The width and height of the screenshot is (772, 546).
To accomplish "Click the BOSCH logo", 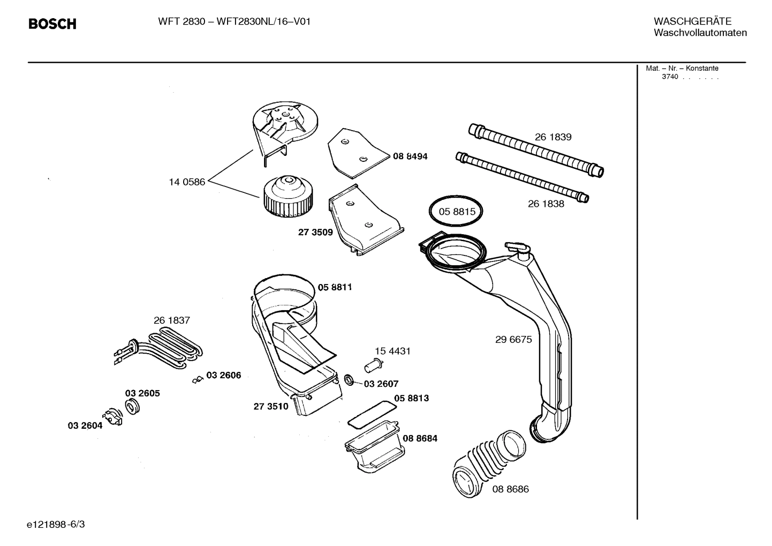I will pos(52,24).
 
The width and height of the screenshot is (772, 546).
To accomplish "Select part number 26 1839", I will pos(553,137).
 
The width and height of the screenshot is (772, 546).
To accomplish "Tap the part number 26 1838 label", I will pos(546,204).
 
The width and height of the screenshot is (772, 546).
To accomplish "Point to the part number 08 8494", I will pos(410,156).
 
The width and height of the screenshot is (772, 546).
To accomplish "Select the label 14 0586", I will pos(187,182).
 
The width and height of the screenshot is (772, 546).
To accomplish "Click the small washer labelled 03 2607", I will pos(348,380).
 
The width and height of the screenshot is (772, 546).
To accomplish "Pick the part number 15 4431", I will pos(392,351).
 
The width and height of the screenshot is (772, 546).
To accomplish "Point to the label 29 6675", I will pos(513,339).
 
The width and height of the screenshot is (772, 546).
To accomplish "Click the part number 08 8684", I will pos(420,438).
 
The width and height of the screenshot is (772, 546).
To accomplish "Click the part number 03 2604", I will pos(85,425).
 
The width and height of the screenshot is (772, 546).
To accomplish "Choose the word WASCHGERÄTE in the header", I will pos(692,21).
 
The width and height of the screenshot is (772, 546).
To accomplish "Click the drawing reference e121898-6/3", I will pos(56,524).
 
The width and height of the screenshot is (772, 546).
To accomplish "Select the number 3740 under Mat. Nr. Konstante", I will pos(670,77).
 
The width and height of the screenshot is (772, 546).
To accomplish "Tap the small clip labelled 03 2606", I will pos(197,380).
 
